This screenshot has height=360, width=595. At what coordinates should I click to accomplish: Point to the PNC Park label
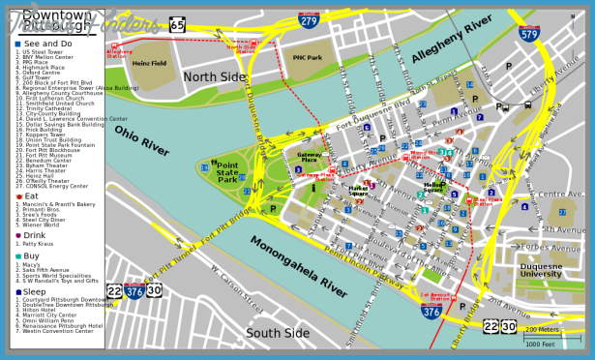pyautogui.click(x=306, y=58)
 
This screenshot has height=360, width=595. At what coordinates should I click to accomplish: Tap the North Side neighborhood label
pyautogui.click(x=216, y=77)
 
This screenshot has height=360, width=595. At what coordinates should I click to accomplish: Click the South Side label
pyautogui.click(x=278, y=334)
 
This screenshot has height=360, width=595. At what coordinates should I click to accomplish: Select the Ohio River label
pyautogui.click(x=142, y=140)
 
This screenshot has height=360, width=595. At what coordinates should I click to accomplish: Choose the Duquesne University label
pyautogui.click(x=541, y=269)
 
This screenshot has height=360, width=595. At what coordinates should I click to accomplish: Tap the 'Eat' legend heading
pyautogui.click(x=31, y=196)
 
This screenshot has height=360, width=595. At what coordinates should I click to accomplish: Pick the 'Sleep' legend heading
pyautogui.click(x=36, y=291)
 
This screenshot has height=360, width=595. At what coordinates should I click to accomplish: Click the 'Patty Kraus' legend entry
pyautogui.click(x=44, y=244)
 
